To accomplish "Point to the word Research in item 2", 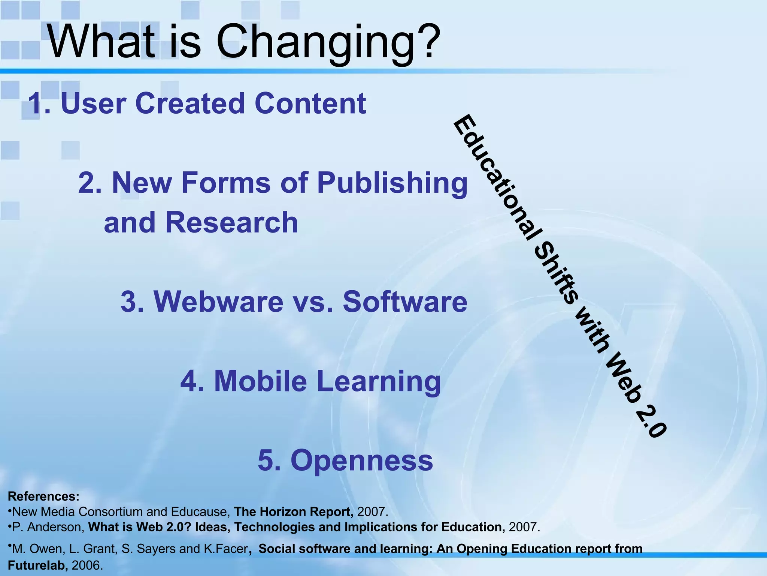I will pyautogui.click(x=231, y=222).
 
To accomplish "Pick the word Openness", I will pyautogui.click(x=362, y=460).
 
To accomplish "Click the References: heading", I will pyautogui.click(x=43, y=496).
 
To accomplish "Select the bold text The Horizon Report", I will pyautogui.click(x=293, y=512).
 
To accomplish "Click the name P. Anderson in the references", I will pyautogui.click(x=47, y=527).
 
